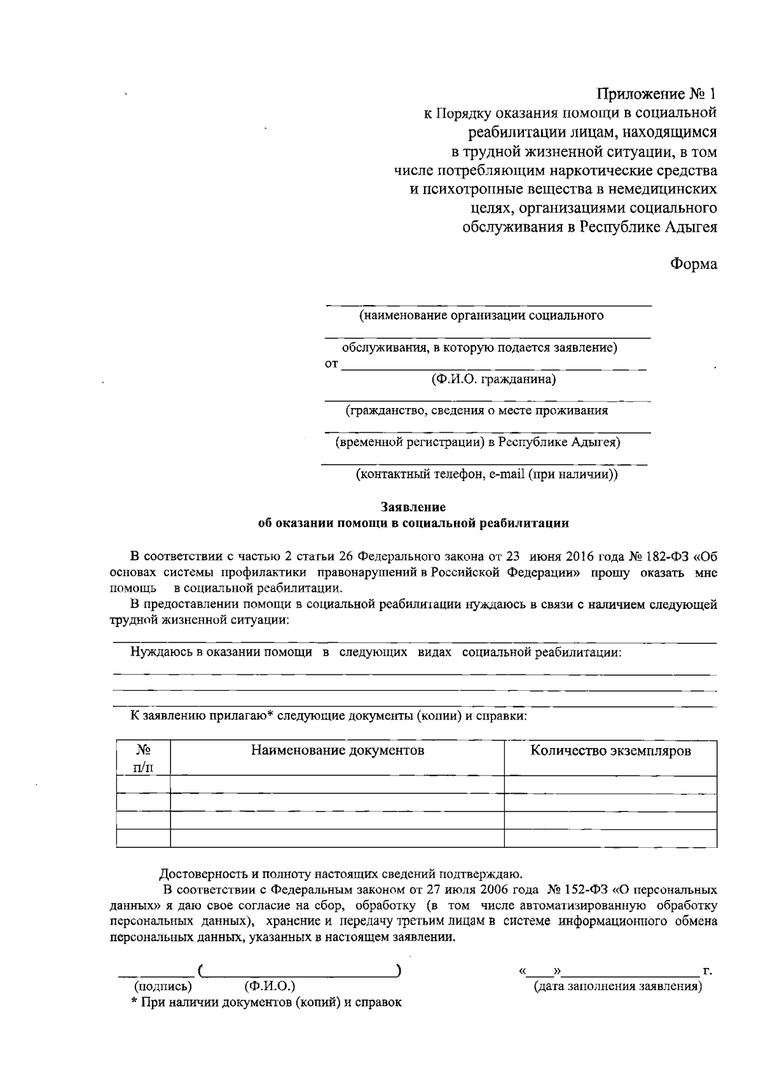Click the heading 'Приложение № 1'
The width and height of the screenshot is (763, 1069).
click(x=656, y=94)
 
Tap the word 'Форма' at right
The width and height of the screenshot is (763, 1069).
click(x=694, y=264)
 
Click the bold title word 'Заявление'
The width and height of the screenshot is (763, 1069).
click(x=413, y=507)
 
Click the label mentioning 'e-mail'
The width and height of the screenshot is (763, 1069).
click(x=486, y=473)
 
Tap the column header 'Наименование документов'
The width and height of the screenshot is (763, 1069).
click(x=337, y=751)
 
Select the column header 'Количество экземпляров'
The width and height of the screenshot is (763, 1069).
click(x=610, y=751)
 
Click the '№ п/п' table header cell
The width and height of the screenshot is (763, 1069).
click(x=143, y=758)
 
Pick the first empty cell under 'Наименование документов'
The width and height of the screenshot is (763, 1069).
click(x=337, y=784)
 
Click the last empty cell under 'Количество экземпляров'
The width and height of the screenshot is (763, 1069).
click(x=610, y=838)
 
